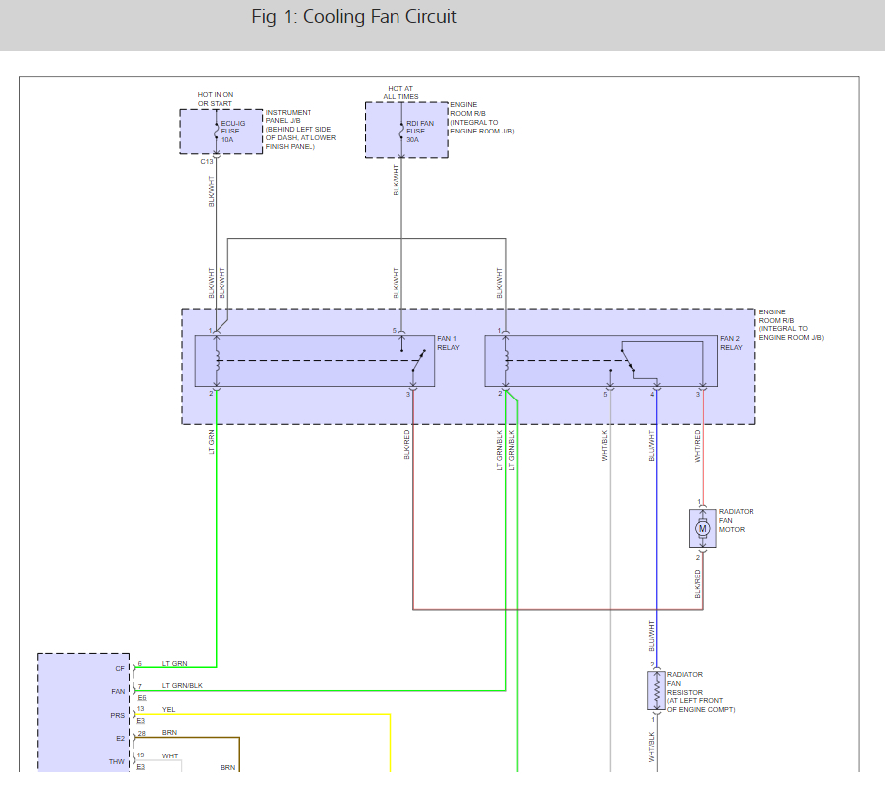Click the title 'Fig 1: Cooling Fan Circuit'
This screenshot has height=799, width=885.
(x=354, y=17)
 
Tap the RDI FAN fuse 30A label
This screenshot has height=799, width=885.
(x=420, y=132)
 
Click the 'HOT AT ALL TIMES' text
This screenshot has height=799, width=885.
(x=400, y=93)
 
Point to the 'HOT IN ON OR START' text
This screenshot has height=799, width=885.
(x=215, y=99)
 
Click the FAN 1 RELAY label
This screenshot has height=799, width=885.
(x=448, y=343)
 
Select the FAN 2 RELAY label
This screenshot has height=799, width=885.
(x=731, y=343)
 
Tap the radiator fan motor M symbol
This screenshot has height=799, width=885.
(x=703, y=529)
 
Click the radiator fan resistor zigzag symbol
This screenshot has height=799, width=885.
(x=656, y=690)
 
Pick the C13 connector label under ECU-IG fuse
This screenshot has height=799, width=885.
(x=207, y=162)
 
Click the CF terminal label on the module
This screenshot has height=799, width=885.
(x=120, y=669)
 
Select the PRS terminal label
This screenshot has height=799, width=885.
(x=118, y=716)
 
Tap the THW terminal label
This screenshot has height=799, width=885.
(x=117, y=761)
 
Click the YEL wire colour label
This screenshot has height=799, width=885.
(x=169, y=709)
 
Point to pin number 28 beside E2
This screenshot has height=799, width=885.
(x=142, y=733)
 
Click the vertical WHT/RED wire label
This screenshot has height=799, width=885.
(x=697, y=446)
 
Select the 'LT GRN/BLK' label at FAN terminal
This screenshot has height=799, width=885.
(x=182, y=685)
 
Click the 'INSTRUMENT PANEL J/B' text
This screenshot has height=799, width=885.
(x=289, y=117)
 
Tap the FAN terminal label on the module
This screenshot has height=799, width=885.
(x=118, y=692)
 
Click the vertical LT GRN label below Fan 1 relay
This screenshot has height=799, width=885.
(x=212, y=442)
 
